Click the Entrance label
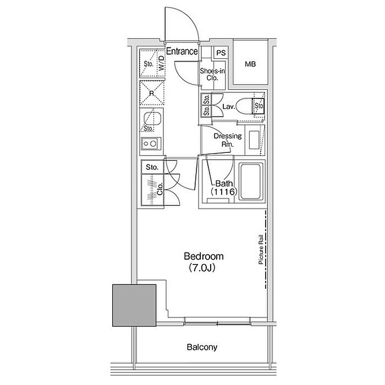[182, 51]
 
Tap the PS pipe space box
[221, 53]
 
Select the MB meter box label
[250, 64]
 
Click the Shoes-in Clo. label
[212, 74]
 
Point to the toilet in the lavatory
[245, 106]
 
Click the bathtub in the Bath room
[250, 182]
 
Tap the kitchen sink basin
[152, 119]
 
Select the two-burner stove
[151, 144]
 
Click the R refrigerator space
[152, 93]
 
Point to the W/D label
[161, 63]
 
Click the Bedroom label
[204, 256]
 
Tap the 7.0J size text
[202, 268]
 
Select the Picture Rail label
[261, 250]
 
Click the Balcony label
[202, 347]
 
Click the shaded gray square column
[134, 305]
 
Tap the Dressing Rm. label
[228, 140]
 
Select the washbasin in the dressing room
[254, 140]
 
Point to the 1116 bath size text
[224, 192]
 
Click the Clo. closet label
[160, 189]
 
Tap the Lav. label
[229, 107]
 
